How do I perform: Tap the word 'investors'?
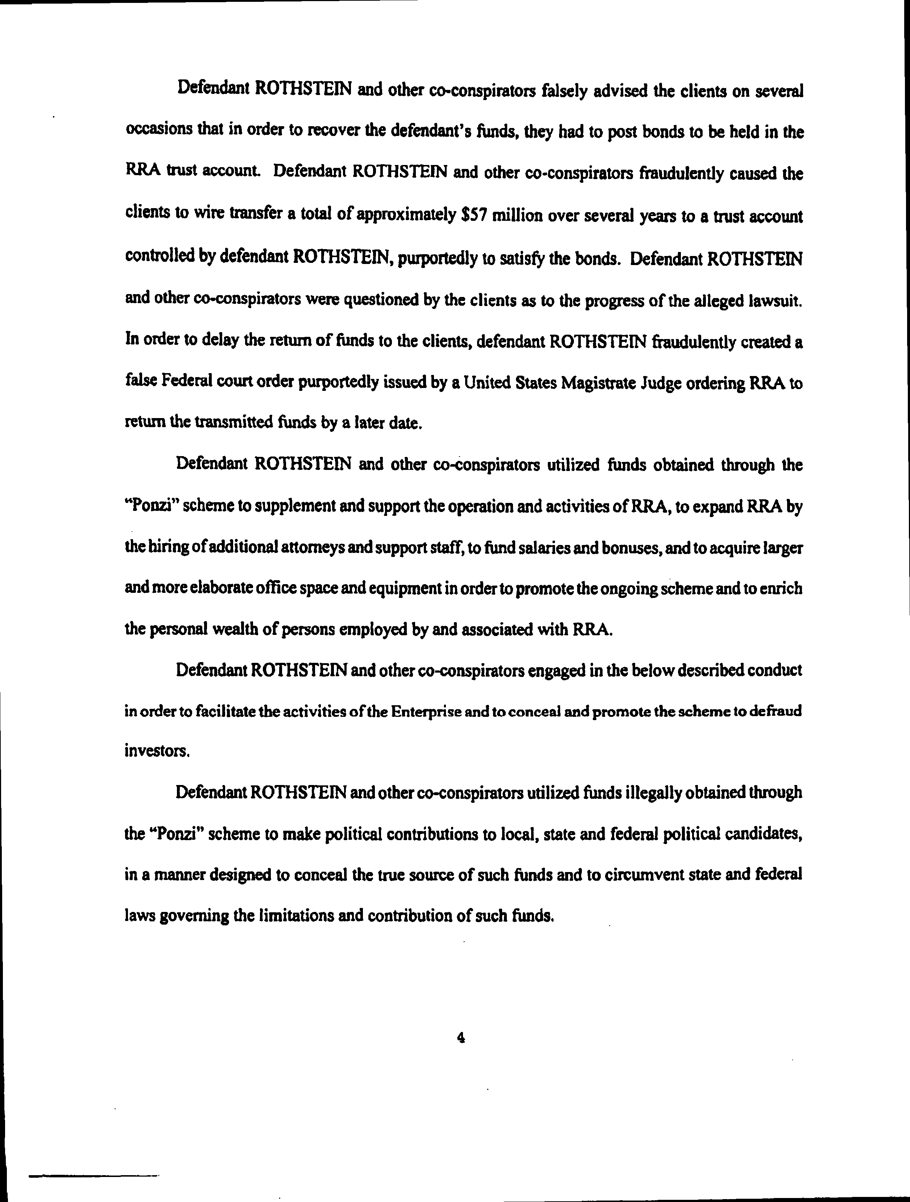pyautogui.click(x=157, y=752)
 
